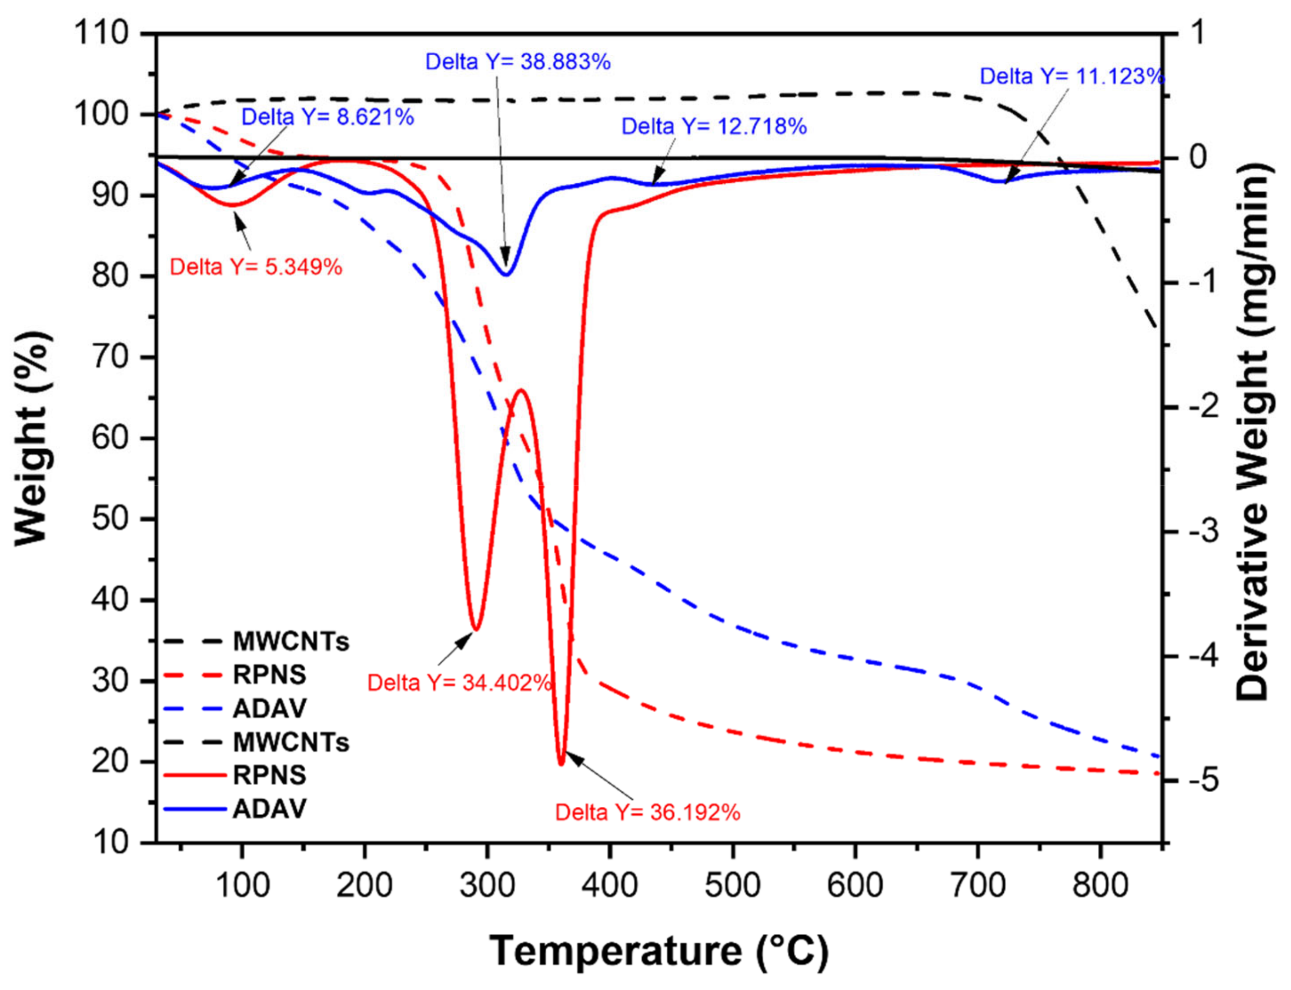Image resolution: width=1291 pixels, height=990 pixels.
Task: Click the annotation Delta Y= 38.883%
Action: (517, 62)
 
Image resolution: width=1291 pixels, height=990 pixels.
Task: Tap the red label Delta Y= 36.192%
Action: (647, 812)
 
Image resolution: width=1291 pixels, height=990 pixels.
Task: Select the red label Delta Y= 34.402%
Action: (459, 683)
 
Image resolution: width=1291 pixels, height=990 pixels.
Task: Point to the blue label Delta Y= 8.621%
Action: (328, 117)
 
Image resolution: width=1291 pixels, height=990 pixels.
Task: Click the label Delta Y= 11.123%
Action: (1072, 76)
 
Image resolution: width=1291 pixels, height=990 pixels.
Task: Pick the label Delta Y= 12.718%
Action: (714, 126)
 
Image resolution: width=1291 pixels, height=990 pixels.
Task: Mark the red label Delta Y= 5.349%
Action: (256, 267)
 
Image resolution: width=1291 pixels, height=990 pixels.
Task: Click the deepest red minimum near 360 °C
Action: (561, 764)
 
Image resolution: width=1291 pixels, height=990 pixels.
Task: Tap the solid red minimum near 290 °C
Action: (476, 629)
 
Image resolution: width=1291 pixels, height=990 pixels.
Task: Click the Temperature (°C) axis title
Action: (658, 950)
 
